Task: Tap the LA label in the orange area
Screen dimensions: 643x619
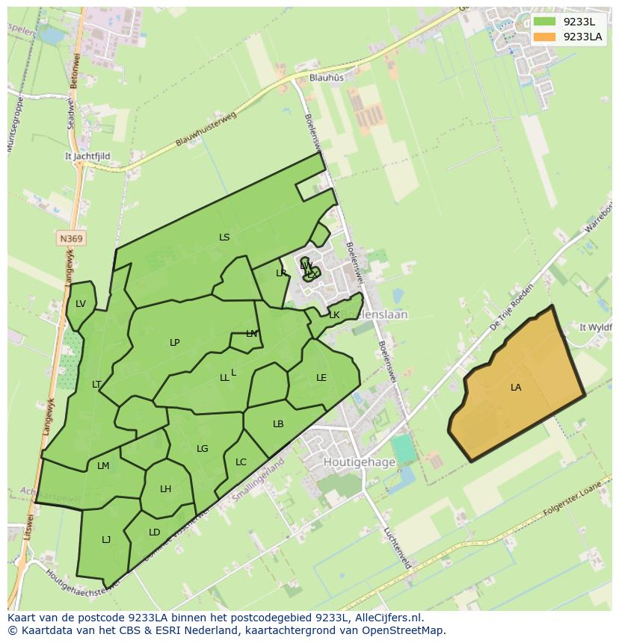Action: [x=516, y=388]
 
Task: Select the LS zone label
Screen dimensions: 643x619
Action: [x=224, y=237]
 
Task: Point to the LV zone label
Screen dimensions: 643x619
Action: [x=81, y=304]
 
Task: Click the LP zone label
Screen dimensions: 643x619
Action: [x=175, y=343]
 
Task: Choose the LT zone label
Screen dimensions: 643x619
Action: [x=96, y=385]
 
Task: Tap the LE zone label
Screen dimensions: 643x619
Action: [x=321, y=378]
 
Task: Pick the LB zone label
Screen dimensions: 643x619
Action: [x=278, y=424]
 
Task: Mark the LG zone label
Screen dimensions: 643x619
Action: [x=203, y=449]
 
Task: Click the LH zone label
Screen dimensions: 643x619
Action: [x=165, y=489]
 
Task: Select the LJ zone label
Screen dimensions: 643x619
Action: [x=106, y=540]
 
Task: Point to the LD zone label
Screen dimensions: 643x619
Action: [x=154, y=532]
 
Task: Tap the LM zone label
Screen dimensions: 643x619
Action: [x=103, y=466]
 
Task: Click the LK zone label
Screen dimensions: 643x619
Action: [x=334, y=315]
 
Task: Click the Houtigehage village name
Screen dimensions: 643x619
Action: [x=359, y=462]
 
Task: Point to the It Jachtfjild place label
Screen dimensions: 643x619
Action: [x=88, y=157]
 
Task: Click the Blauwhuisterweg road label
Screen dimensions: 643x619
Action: [x=206, y=129]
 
